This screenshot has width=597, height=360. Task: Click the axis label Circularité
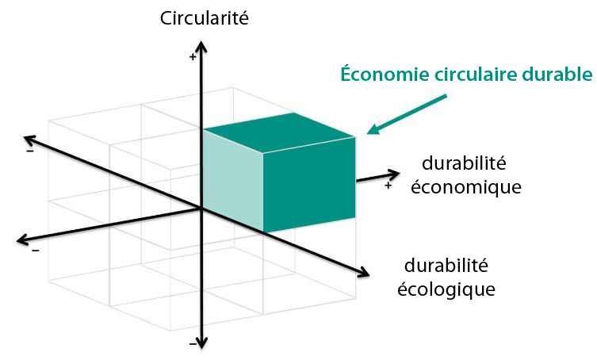(204, 18)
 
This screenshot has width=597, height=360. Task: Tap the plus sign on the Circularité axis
(193, 57)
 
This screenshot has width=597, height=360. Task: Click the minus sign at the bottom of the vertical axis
(193, 344)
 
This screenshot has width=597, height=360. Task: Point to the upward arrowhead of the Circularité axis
(201, 47)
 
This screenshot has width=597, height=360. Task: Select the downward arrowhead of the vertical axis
(201, 343)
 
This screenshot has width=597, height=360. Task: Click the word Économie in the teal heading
(385, 75)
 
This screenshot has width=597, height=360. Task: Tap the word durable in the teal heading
(557, 75)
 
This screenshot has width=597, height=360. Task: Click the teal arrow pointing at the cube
(407, 114)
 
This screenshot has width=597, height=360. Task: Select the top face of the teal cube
(279, 133)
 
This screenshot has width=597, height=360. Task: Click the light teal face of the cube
(232, 180)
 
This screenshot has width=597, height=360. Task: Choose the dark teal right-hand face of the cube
(309, 185)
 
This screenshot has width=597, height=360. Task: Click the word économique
(466, 187)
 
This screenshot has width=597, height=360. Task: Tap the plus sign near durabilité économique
(388, 186)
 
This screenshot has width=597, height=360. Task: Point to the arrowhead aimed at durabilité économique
(393, 175)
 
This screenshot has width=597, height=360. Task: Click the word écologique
(446, 289)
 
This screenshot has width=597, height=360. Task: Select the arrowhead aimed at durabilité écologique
(362, 272)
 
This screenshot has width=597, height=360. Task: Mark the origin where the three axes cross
(201, 208)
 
